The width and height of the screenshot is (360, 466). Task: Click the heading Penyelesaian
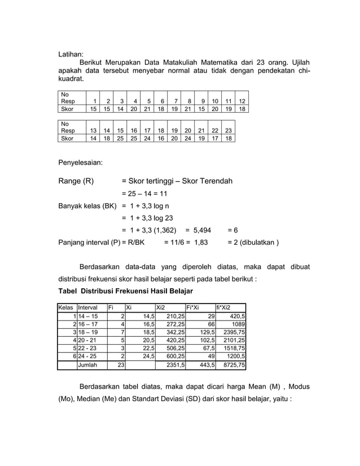81,162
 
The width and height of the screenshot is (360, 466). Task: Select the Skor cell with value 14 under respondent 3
120,109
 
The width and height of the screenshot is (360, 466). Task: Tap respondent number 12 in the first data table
242,101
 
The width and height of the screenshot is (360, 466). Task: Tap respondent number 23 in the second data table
228,130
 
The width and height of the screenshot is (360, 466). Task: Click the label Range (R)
76,181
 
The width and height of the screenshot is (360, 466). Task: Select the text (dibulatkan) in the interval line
257,243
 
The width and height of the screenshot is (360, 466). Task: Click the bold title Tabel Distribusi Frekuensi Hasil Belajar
126,291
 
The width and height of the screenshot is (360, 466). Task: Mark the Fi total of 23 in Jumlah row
120,365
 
